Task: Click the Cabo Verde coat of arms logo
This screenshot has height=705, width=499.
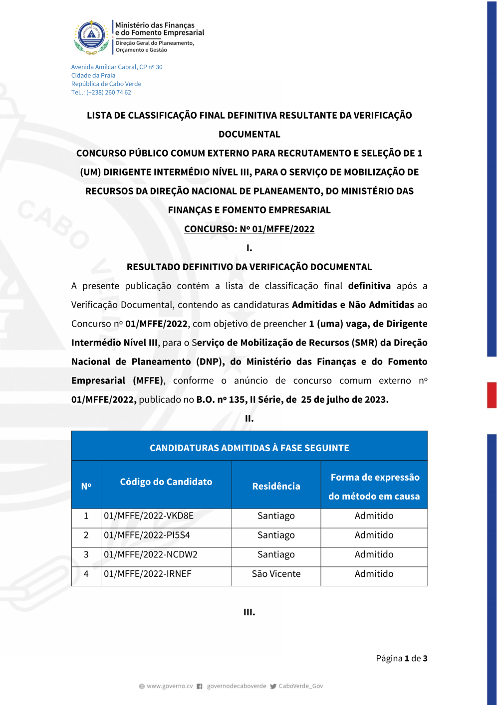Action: (91, 37)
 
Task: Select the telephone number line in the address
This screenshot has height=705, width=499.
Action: (101, 93)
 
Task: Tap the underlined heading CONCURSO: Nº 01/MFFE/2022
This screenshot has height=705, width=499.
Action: (249, 229)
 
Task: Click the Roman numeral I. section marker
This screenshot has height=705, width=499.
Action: (249, 248)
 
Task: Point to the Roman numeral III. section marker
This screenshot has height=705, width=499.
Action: (249, 612)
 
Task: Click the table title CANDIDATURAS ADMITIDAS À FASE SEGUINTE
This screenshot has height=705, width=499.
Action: (249, 448)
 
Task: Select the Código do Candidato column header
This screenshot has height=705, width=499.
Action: (166, 482)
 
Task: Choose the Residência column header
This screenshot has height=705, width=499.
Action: (276, 486)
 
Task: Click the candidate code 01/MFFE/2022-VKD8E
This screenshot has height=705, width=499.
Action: (149, 516)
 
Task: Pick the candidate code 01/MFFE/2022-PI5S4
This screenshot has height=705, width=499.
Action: (147, 535)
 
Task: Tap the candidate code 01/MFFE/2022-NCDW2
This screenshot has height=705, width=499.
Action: (151, 555)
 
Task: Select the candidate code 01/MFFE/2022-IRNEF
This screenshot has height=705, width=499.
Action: (148, 574)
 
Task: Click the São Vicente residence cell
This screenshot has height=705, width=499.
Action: (276, 574)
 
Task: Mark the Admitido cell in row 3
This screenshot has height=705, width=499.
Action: (374, 555)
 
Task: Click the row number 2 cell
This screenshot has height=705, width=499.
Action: (86, 535)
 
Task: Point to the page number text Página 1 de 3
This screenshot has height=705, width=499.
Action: (401, 659)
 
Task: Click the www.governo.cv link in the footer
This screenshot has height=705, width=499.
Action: (170, 687)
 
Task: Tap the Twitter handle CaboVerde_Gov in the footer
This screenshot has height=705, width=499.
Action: (300, 687)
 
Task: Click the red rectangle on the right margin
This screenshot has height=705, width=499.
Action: (492, 395)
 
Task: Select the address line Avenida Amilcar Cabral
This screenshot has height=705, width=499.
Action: (117, 67)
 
